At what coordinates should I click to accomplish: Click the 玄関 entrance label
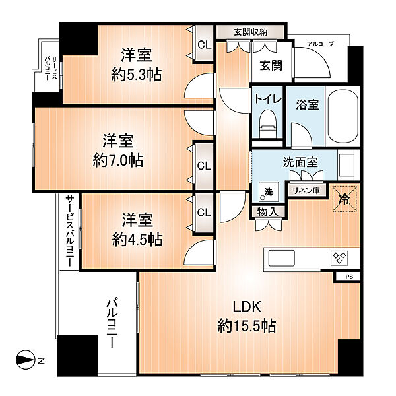[271, 65]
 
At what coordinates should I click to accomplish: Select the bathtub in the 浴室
[343, 115]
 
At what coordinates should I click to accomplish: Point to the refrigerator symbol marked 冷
[345, 199]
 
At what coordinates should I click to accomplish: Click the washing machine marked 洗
[269, 191]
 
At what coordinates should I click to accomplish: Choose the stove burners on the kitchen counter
[339, 258]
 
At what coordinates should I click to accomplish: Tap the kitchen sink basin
[282, 258]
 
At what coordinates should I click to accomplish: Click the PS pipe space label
[349, 277]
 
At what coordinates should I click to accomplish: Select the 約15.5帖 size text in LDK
[246, 326]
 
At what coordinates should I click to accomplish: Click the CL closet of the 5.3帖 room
[205, 45]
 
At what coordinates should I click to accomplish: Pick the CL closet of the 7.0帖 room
[204, 166]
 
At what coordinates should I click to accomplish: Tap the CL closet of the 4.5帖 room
[204, 213]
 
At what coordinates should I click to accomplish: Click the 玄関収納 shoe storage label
[251, 32]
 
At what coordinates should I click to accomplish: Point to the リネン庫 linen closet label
[306, 191]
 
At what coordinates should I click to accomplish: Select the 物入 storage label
[268, 212]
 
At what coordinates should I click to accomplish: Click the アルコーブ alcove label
[320, 44]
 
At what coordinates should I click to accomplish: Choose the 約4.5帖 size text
[137, 240]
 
